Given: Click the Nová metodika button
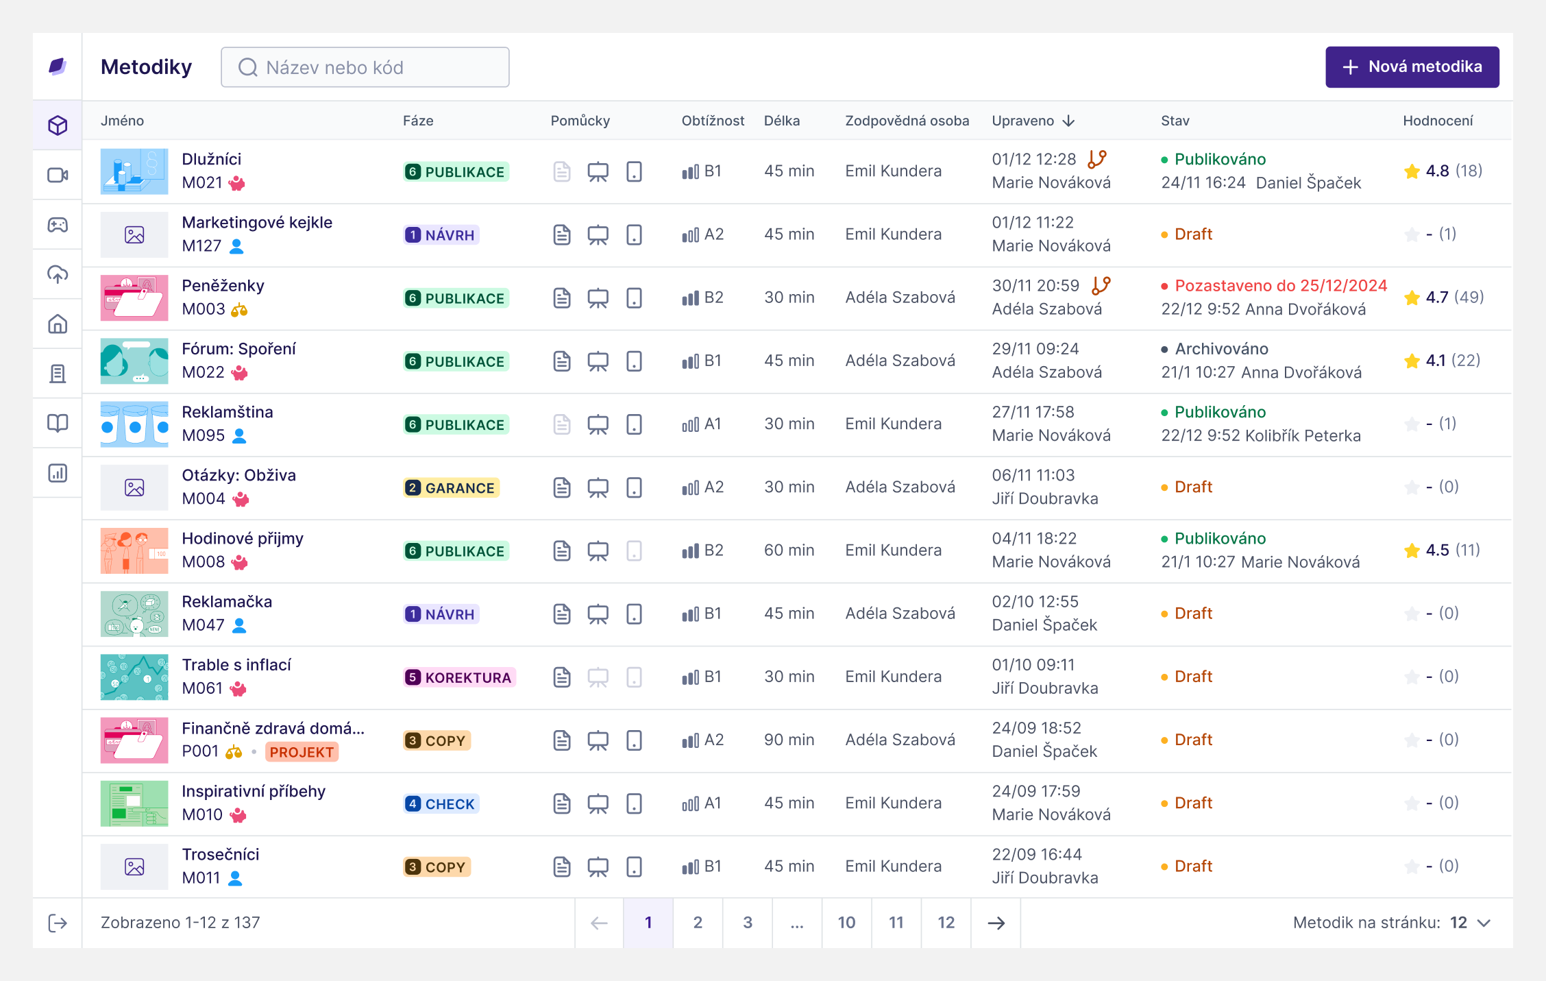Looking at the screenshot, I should click(x=1412, y=67).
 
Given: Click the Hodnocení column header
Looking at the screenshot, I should click(x=1437, y=121).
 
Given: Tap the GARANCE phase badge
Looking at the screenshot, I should click(x=451, y=488).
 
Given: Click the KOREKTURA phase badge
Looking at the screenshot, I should click(x=459, y=677).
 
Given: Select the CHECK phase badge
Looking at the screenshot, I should click(x=441, y=804).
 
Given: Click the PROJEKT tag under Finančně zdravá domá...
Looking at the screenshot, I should click(x=302, y=752).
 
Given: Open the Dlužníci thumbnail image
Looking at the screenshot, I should click(x=134, y=171).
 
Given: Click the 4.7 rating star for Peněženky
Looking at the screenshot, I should click(x=1411, y=298).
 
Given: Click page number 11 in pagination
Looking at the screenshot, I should click(x=896, y=923).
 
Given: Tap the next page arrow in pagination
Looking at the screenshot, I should click(x=996, y=923).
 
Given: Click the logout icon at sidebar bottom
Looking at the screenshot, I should click(x=58, y=923).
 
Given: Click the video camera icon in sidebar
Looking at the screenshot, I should click(x=58, y=175).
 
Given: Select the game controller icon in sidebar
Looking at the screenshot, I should click(x=58, y=225).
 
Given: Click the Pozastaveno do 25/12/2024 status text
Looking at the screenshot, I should click(x=1280, y=286).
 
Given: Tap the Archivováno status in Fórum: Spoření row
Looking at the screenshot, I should click(x=1221, y=349).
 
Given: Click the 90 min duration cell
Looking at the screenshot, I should click(x=789, y=740).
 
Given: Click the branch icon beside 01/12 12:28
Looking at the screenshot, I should click(x=1097, y=159).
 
